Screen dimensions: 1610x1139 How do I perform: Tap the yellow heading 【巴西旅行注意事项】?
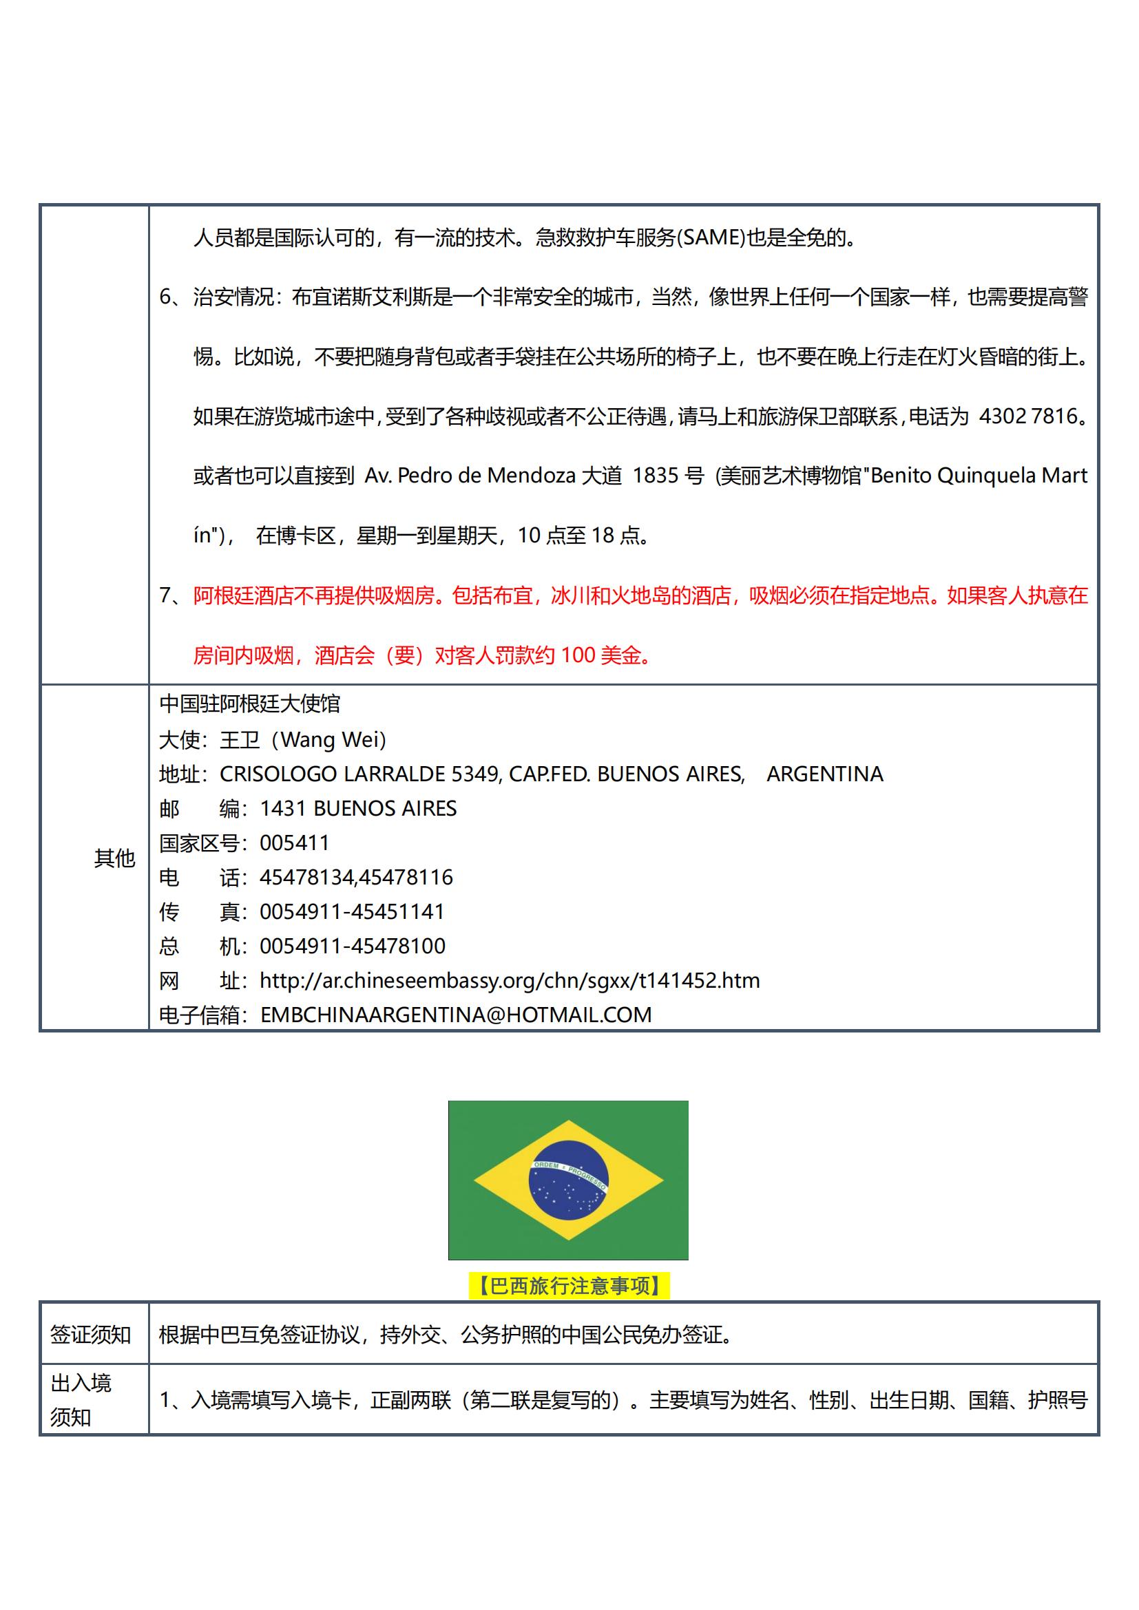[569, 1286]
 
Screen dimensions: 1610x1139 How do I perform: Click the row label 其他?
[114, 858]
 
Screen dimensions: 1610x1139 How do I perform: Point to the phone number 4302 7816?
[1028, 416]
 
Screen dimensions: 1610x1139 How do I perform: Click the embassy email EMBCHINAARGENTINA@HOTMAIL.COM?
[456, 1015]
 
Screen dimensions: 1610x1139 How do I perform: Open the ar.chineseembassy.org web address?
[509, 980]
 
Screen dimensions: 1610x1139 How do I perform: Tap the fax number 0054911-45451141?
[352, 911]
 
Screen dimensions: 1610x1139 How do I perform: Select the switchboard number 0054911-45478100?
[352, 946]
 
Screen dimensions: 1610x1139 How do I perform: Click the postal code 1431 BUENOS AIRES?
[357, 809]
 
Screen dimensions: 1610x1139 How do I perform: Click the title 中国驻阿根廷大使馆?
[250, 703]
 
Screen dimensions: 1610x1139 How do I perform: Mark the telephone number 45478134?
[306, 877]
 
